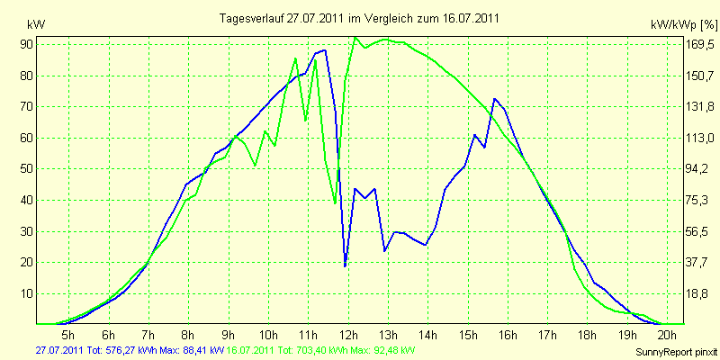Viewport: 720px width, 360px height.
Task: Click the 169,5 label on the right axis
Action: [701, 44]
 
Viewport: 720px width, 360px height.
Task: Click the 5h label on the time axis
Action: [68, 333]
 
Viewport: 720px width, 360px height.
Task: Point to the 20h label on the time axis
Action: [668, 333]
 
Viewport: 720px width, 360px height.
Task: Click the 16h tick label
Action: [508, 333]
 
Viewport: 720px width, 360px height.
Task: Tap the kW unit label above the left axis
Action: [36, 24]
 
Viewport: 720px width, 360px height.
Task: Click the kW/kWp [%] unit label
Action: [684, 25]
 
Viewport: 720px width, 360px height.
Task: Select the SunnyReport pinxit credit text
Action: [675, 352]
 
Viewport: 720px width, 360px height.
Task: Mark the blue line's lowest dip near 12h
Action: [345, 265]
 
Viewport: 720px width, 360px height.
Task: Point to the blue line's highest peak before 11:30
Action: [325, 50]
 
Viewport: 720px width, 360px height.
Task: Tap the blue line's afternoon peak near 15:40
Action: [494, 99]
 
